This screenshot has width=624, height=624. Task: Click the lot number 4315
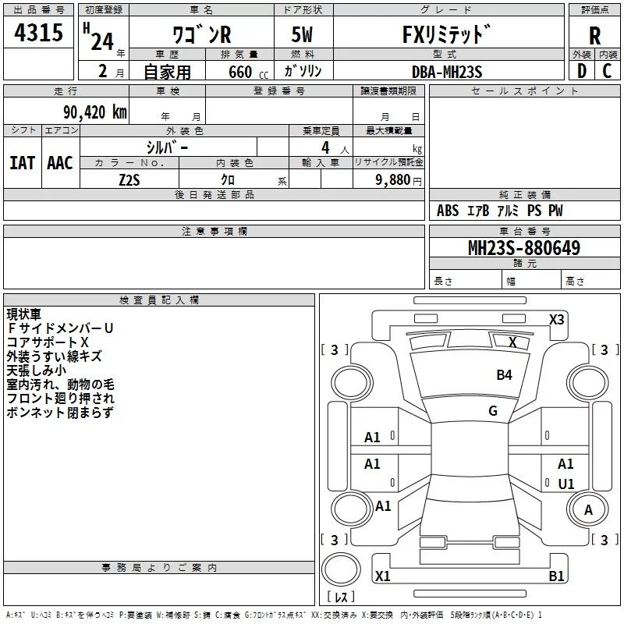[x=39, y=34]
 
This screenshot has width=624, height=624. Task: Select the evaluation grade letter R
[x=594, y=36]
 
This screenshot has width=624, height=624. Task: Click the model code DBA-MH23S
[x=447, y=72]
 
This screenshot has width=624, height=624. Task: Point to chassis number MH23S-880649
[x=523, y=248]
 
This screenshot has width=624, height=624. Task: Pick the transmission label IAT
[x=22, y=162]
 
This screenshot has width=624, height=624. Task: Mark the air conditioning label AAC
[x=59, y=162]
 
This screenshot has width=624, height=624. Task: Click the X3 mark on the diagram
[x=556, y=319]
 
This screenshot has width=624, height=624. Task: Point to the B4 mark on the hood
[x=504, y=375]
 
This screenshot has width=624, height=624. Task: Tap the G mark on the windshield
[x=493, y=410]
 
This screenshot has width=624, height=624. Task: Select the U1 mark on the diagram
[x=565, y=484]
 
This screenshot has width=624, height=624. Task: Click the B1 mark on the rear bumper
[x=555, y=576]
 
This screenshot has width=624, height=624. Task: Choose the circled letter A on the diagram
[x=588, y=510]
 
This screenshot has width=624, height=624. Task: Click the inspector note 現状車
[x=24, y=314]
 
